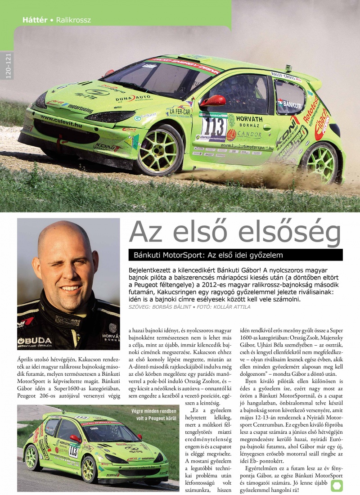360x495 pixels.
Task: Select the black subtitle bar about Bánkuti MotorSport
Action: pyautogui.click(x=235, y=255)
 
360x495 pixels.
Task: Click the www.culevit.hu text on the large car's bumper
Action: pyautogui.click(x=61, y=121)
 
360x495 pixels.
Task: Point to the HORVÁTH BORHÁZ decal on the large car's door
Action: pyautogui.click(x=249, y=121)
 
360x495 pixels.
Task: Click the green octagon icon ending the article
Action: pyautogui.click(x=337, y=485)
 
